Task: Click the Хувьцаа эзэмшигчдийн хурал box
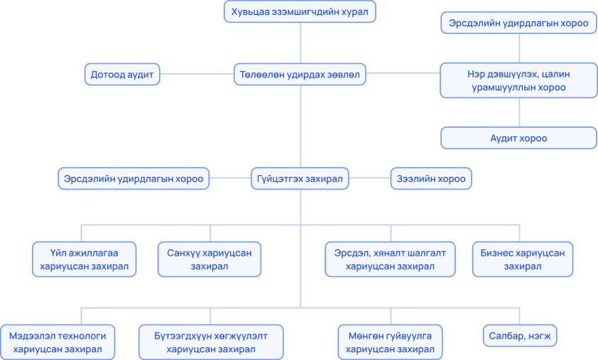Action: click(300, 11)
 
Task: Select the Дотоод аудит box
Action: click(122, 75)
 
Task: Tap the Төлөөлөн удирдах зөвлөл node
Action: click(300, 75)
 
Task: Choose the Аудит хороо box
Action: click(518, 138)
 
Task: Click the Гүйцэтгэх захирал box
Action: click(300, 178)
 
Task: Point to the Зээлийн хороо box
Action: click(431, 178)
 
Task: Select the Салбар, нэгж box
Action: click(520, 336)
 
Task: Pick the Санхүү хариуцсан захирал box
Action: click(210, 259)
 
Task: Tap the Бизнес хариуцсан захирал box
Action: click(523, 259)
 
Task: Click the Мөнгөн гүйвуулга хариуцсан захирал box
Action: click(390, 342)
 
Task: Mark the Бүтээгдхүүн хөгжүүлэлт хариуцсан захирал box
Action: click(211, 342)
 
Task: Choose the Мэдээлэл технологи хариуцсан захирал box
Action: click(58, 342)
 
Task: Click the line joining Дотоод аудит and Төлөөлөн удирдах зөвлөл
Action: click(197, 74)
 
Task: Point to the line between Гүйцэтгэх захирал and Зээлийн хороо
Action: click(370, 178)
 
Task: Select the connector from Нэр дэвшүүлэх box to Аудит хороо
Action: click(519, 112)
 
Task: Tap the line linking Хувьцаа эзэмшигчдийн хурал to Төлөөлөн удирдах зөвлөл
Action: click(300, 43)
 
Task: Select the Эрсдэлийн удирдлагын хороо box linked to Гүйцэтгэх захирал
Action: click(134, 178)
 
